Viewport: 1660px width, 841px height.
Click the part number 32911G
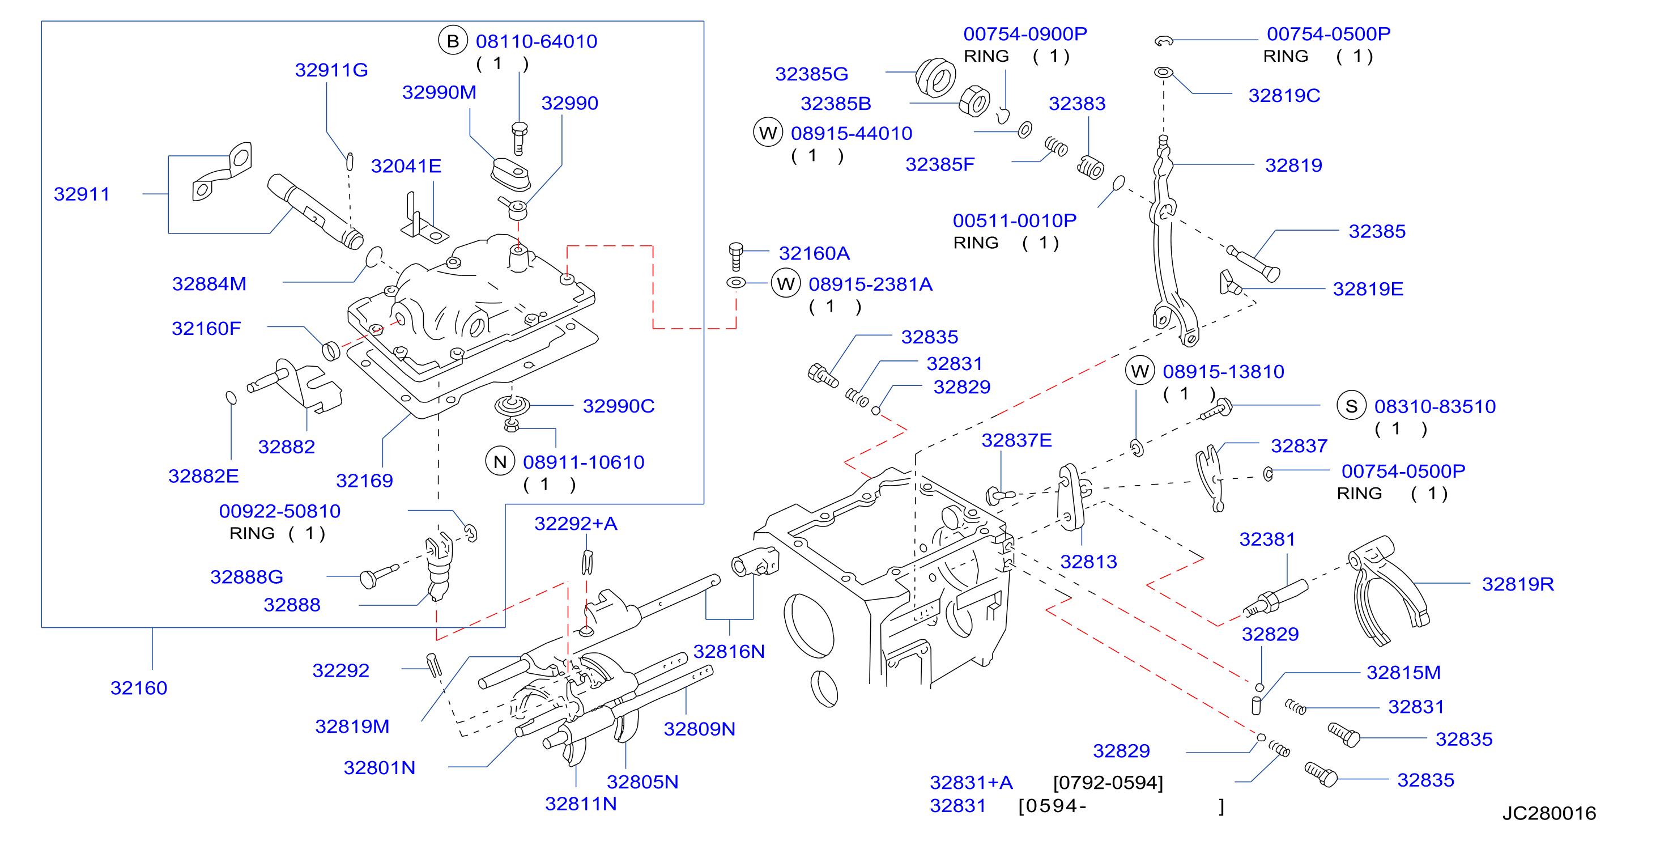coord(331,70)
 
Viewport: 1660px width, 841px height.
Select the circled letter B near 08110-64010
coord(453,41)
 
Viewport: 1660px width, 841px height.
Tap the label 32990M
coord(440,92)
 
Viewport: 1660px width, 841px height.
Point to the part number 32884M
coord(210,283)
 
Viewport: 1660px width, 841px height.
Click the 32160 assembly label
coord(139,687)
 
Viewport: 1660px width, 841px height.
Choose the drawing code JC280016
coord(1549,813)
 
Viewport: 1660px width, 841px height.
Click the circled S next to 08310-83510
coord(1351,406)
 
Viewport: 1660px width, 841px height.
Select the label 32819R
coord(1518,584)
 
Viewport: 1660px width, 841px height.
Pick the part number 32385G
coord(811,74)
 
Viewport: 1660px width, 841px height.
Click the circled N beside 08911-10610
coord(500,461)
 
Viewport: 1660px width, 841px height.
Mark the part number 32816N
coord(729,652)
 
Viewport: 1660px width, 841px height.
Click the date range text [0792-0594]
coord(1108,783)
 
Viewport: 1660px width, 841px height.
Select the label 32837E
coord(1016,440)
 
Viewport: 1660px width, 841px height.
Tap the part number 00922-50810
coord(280,511)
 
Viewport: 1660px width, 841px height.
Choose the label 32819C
coord(1284,95)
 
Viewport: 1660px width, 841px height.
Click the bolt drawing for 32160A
coord(736,257)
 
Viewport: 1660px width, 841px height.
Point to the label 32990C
coord(619,406)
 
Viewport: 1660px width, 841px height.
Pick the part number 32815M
coord(1403,672)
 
